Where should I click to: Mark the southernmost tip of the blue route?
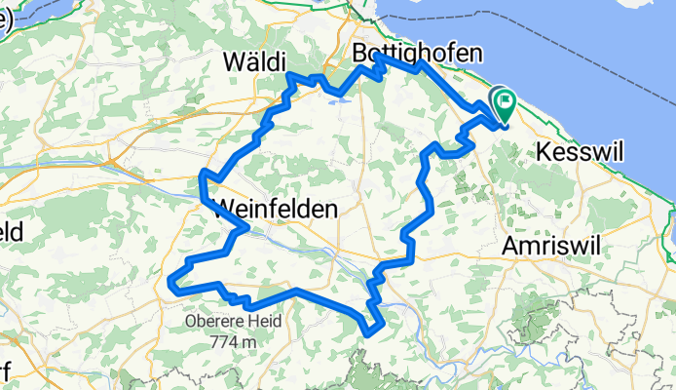point(370,333)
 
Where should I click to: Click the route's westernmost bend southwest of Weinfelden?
point(172,283)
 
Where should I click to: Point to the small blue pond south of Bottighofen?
point(338,98)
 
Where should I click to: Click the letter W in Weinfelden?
point(222,209)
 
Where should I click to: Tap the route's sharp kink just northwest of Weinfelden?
point(203,174)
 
